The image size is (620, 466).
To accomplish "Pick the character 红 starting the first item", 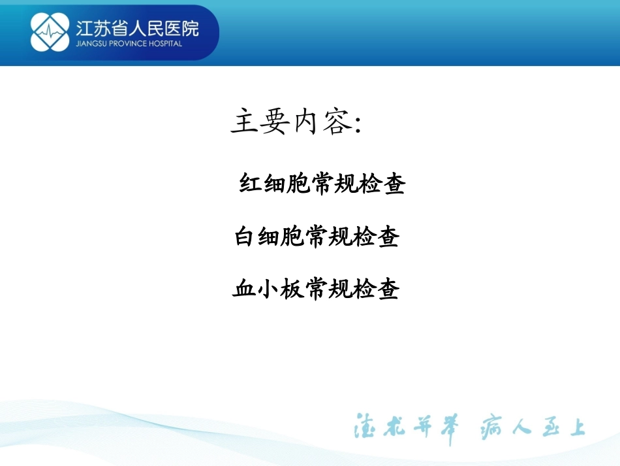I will click(252, 184).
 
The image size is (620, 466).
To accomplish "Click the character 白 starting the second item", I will click(245, 237).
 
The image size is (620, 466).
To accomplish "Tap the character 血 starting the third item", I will click(244, 288).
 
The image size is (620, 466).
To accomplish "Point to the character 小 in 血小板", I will click(268, 288).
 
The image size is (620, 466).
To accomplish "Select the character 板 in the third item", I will click(292, 288).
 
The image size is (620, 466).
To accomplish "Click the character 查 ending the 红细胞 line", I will click(394, 184).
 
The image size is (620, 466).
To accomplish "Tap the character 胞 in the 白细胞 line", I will click(292, 237).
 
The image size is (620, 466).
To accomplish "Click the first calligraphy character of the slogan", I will click(365, 428).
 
